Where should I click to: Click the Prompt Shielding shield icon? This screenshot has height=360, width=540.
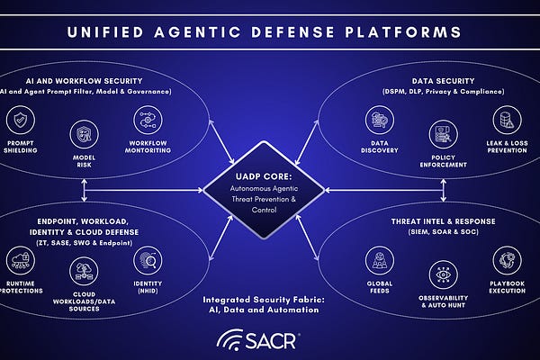[x=21, y=120]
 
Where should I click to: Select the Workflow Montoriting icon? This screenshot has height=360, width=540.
[x=148, y=120]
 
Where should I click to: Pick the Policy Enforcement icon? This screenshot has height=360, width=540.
[x=441, y=135]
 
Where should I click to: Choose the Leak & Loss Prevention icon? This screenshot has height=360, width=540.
[x=505, y=120]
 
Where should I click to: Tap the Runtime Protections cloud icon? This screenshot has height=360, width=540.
[x=21, y=262]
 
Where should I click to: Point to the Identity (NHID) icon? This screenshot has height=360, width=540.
[x=148, y=262]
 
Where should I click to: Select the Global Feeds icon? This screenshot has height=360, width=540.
[x=380, y=262]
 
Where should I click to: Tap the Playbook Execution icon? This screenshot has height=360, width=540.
[x=505, y=262]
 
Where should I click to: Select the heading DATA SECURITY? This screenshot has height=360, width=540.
[x=437, y=79]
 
